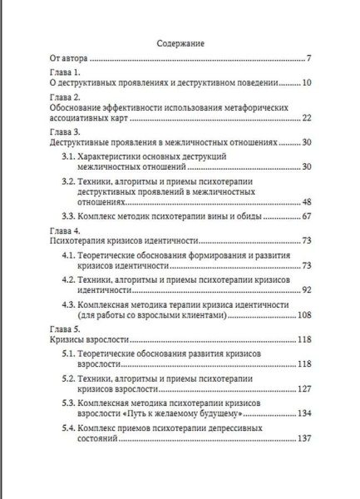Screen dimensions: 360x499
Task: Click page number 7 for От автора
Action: point(307,59)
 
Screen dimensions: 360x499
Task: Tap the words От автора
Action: point(68,59)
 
